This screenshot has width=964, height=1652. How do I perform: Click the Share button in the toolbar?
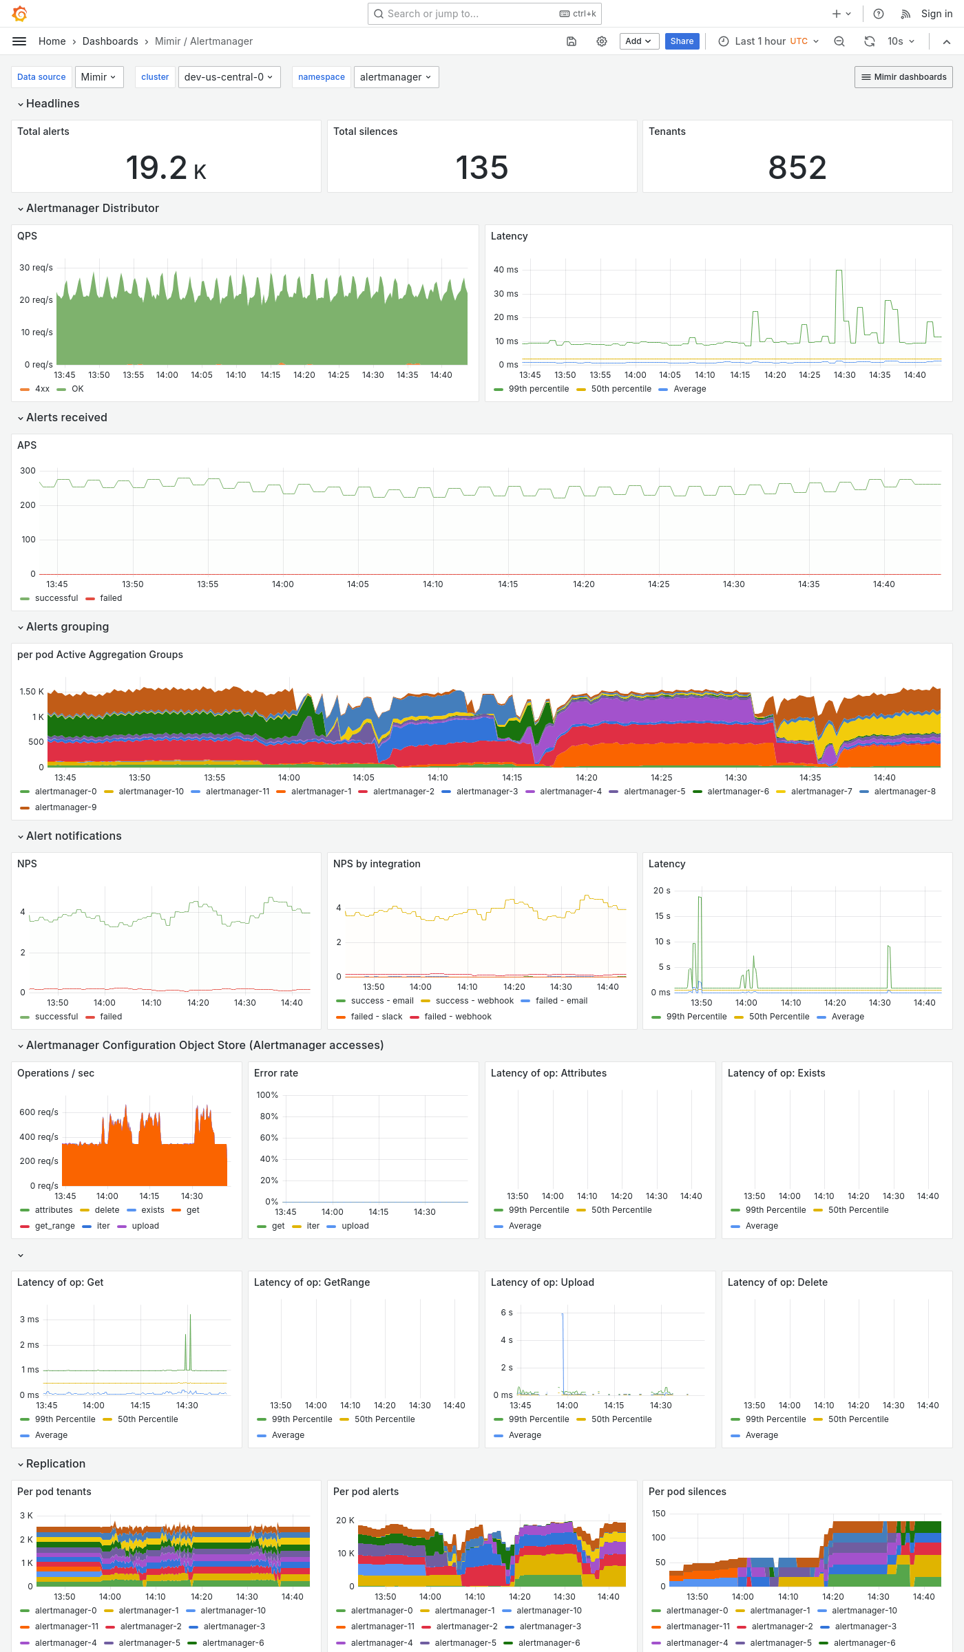[x=682, y=41]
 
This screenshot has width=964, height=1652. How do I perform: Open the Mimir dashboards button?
[x=903, y=77]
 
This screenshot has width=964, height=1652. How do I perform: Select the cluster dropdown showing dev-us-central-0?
[x=228, y=77]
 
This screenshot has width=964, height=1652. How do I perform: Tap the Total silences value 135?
[x=482, y=168]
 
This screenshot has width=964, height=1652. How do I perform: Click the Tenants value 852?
[x=797, y=168]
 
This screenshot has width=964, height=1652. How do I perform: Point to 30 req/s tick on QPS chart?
[x=36, y=268]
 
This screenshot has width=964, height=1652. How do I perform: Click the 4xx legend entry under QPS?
[x=42, y=389]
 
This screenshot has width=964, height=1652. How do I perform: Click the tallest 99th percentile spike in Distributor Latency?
[x=839, y=273]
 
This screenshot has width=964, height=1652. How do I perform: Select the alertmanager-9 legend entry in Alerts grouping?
[x=65, y=807]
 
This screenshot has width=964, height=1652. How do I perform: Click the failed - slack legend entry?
[x=376, y=1017]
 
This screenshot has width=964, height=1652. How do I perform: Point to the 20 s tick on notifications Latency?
[x=662, y=891]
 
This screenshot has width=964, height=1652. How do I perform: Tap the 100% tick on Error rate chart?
[x=267, y=1095]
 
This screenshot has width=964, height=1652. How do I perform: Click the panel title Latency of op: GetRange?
[x=312, y=1282]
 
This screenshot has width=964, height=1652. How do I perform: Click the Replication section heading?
[x=56, y=1463]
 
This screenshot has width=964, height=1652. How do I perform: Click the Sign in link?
[x=936, y=14]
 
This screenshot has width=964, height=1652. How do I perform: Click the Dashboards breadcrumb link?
[x=110, y=41]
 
